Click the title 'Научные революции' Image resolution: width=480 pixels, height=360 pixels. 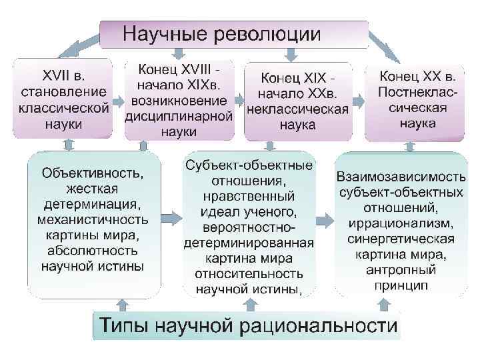point(222,33)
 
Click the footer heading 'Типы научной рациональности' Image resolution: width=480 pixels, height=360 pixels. point(248,327)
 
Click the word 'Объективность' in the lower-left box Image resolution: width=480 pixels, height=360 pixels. point(92,173)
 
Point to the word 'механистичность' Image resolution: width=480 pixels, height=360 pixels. point(92,219)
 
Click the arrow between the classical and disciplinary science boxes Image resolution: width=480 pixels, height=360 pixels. point(117,101)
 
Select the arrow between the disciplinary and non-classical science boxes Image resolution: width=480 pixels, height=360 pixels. point(239,101)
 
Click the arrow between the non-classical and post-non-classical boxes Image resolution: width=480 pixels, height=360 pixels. point(358,101)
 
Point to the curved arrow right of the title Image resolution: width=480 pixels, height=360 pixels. point(385,47)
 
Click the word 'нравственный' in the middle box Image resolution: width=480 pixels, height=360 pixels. point(249,197)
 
